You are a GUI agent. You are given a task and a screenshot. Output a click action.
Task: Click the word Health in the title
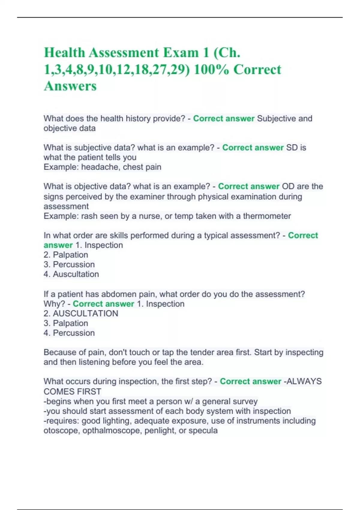(x=64, y=53)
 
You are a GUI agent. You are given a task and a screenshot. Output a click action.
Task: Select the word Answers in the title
(x=70, y=86)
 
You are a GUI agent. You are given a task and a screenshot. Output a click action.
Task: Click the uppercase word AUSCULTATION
(x=85, y=313)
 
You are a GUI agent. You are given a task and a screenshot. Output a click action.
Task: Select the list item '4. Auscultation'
(x=71, y=274)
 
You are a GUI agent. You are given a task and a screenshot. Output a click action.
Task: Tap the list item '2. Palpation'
(x=66, y=255)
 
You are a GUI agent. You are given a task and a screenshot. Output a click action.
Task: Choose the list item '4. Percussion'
(x=69, y=333)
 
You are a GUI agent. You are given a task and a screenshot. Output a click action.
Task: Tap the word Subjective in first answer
(x=276, y=118)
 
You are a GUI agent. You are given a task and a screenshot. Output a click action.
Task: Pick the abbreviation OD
(x=288, y=186)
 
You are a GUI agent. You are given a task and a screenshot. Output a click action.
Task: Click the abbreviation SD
(x=292, y=148)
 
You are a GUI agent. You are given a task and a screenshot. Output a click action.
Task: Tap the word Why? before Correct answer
(x=54, y=304)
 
